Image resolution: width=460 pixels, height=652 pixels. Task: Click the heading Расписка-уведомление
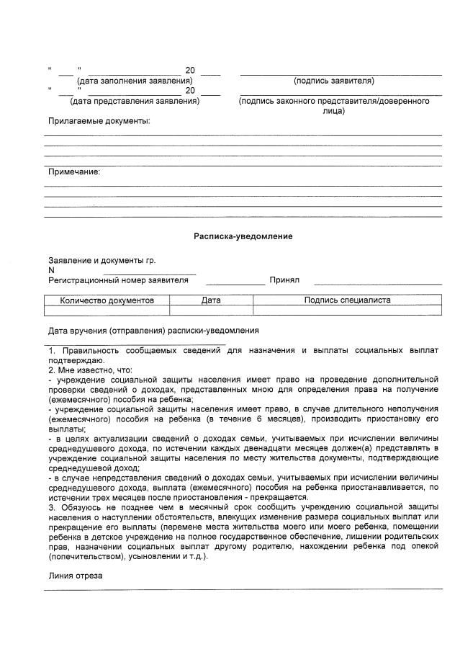coord(243,236)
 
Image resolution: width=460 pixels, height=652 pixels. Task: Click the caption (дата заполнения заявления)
coord(135,81)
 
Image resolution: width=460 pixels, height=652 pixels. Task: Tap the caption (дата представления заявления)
coord(135,101)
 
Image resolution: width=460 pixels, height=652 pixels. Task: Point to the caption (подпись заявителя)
coord(333,81)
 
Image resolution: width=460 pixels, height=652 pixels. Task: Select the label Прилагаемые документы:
coord(99,121)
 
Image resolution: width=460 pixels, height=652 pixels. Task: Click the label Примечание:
coord(74,171)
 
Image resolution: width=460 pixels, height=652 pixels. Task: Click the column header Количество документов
coord(107,300)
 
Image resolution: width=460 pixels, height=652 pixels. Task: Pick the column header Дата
coord(211,300)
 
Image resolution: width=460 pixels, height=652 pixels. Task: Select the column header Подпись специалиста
coord(348,300)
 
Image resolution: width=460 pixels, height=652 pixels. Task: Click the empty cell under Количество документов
coord(107,311)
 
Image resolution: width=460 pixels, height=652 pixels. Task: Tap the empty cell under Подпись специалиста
coord(348,311)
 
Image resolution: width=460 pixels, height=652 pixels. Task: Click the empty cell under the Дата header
coord(211,311)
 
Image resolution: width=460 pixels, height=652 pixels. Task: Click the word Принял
coord(284,280)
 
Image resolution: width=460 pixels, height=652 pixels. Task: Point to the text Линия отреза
coord(76,576)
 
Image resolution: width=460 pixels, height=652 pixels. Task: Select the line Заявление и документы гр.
coord(102,260)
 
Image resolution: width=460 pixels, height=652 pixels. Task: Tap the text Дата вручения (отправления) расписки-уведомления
coord(153,331)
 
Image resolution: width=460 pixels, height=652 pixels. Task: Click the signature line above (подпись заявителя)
coord(341,74)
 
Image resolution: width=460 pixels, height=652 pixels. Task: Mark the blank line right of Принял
coord(377,284)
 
